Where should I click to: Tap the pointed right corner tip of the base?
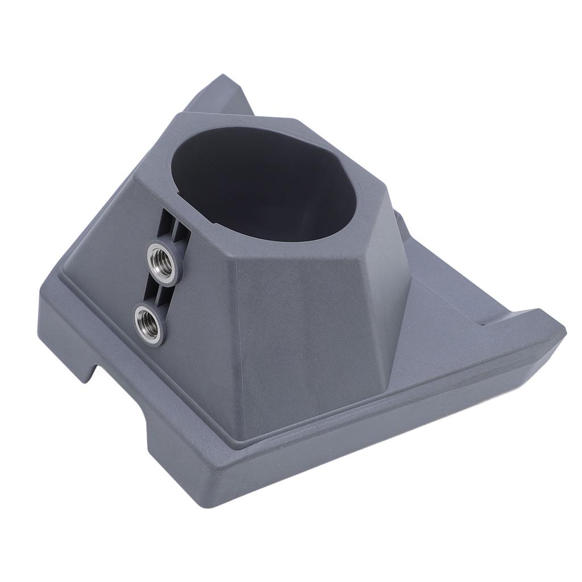click(563, 328)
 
